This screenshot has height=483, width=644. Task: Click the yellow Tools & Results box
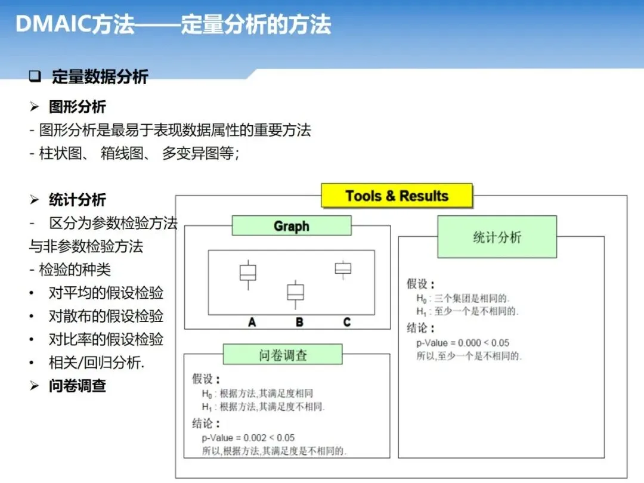click(397, 196)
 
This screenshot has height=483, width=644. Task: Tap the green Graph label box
click(291, 226)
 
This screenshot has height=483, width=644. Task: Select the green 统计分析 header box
click(497, 237)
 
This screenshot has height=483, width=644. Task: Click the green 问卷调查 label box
click(283, 355)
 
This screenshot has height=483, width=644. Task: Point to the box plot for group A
click(247, 273)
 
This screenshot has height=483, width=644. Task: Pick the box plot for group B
click(295, 292)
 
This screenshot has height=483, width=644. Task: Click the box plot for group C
click(343, 268)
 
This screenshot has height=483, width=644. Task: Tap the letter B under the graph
click(299, 322)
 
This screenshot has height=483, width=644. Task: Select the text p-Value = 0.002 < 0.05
click(248, 438)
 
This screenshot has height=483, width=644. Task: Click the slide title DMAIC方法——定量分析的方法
click(173, 25)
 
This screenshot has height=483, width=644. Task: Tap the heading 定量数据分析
click(100, 77)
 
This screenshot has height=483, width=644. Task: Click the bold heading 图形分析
click(77, 107)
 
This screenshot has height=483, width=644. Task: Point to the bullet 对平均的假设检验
click(106, 293)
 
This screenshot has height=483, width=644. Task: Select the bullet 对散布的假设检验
click(106, 316)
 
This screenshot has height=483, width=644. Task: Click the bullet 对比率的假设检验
click(106, 339)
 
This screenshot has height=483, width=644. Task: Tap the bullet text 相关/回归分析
click(96, 363)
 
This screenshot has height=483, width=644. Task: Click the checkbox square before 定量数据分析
click(35, 77)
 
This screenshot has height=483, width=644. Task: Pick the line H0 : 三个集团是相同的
click(463, 298)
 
